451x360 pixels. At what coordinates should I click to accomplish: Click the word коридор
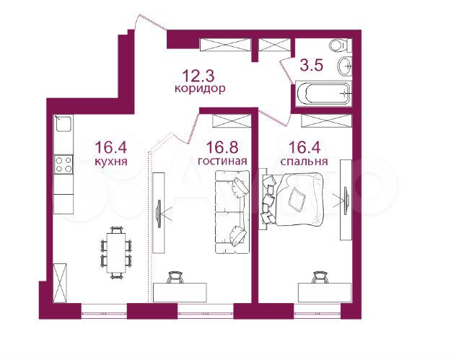200,89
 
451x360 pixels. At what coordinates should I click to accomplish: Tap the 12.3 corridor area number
198,76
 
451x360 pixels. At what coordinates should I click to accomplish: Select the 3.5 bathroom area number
312,65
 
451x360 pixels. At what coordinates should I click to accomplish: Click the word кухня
110,162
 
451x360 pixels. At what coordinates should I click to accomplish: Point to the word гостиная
222,161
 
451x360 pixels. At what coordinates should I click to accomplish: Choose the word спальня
304,162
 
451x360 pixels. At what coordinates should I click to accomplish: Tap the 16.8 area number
222,148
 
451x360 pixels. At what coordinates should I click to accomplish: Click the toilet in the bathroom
341,45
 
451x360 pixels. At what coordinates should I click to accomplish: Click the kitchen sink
64,123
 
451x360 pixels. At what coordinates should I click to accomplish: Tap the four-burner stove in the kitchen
64,164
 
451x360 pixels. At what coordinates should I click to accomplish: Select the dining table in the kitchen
116,253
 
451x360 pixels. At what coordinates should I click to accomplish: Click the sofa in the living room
232,212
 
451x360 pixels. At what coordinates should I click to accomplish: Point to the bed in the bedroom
293,198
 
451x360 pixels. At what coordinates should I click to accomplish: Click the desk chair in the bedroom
320,278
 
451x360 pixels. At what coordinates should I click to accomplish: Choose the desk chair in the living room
175,278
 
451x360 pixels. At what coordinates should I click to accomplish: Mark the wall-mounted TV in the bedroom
346,200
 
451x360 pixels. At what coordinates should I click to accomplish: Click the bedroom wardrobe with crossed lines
326,120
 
